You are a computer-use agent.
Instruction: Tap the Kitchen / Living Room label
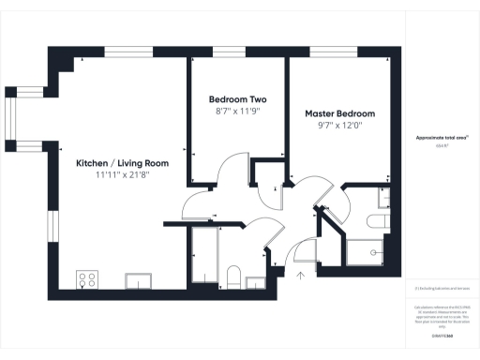pos(122,162)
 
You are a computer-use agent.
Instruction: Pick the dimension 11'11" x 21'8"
pos(122,174)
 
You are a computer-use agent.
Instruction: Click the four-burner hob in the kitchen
pos(89,278)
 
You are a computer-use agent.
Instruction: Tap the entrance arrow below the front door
pos(300,276)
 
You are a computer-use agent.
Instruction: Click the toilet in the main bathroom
pos(234,276)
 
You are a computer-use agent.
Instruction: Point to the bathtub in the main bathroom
pos(203,257)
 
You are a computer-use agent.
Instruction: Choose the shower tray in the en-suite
pos(366,252)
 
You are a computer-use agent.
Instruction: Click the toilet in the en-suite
pos(377,220)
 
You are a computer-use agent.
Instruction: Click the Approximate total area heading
pos(442,137)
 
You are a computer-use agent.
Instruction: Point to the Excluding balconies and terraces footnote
pos(442,289)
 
